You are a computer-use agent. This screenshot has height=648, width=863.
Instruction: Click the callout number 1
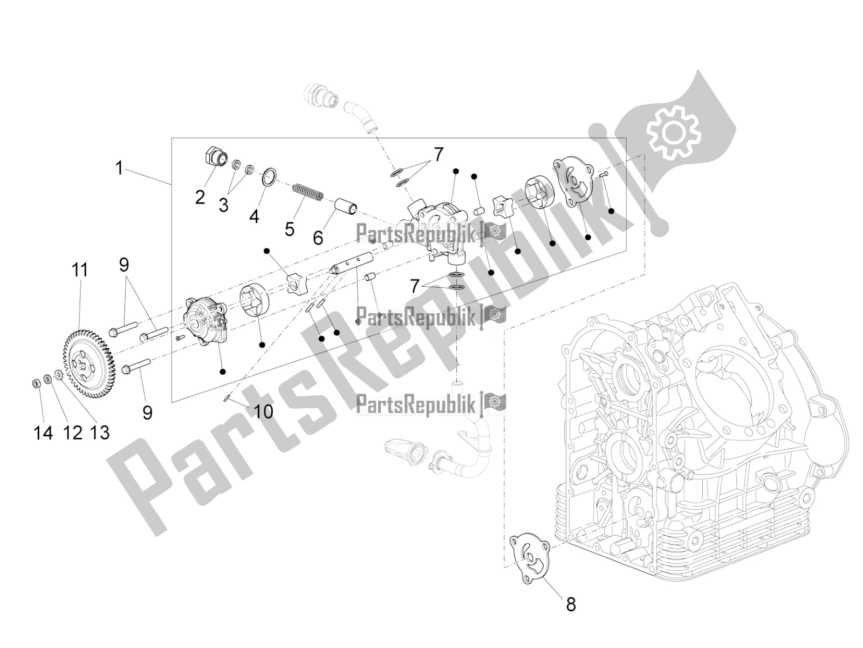[119, 168]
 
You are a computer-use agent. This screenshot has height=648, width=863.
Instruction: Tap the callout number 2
[200, 197]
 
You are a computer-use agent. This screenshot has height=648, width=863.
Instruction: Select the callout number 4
[255, 216]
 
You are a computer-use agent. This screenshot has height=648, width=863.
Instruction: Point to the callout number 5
[290, 228]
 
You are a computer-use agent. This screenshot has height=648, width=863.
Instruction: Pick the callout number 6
[318, 238]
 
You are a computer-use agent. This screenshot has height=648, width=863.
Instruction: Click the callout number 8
[571, 604]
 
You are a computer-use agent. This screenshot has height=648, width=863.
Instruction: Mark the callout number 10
[263, 411]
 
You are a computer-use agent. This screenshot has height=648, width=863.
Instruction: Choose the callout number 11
[80, 270]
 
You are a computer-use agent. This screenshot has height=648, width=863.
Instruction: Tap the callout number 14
[43, 433]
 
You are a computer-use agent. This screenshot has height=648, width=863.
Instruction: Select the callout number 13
[99, 433]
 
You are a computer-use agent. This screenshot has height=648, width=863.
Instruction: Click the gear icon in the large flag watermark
[674, 132]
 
